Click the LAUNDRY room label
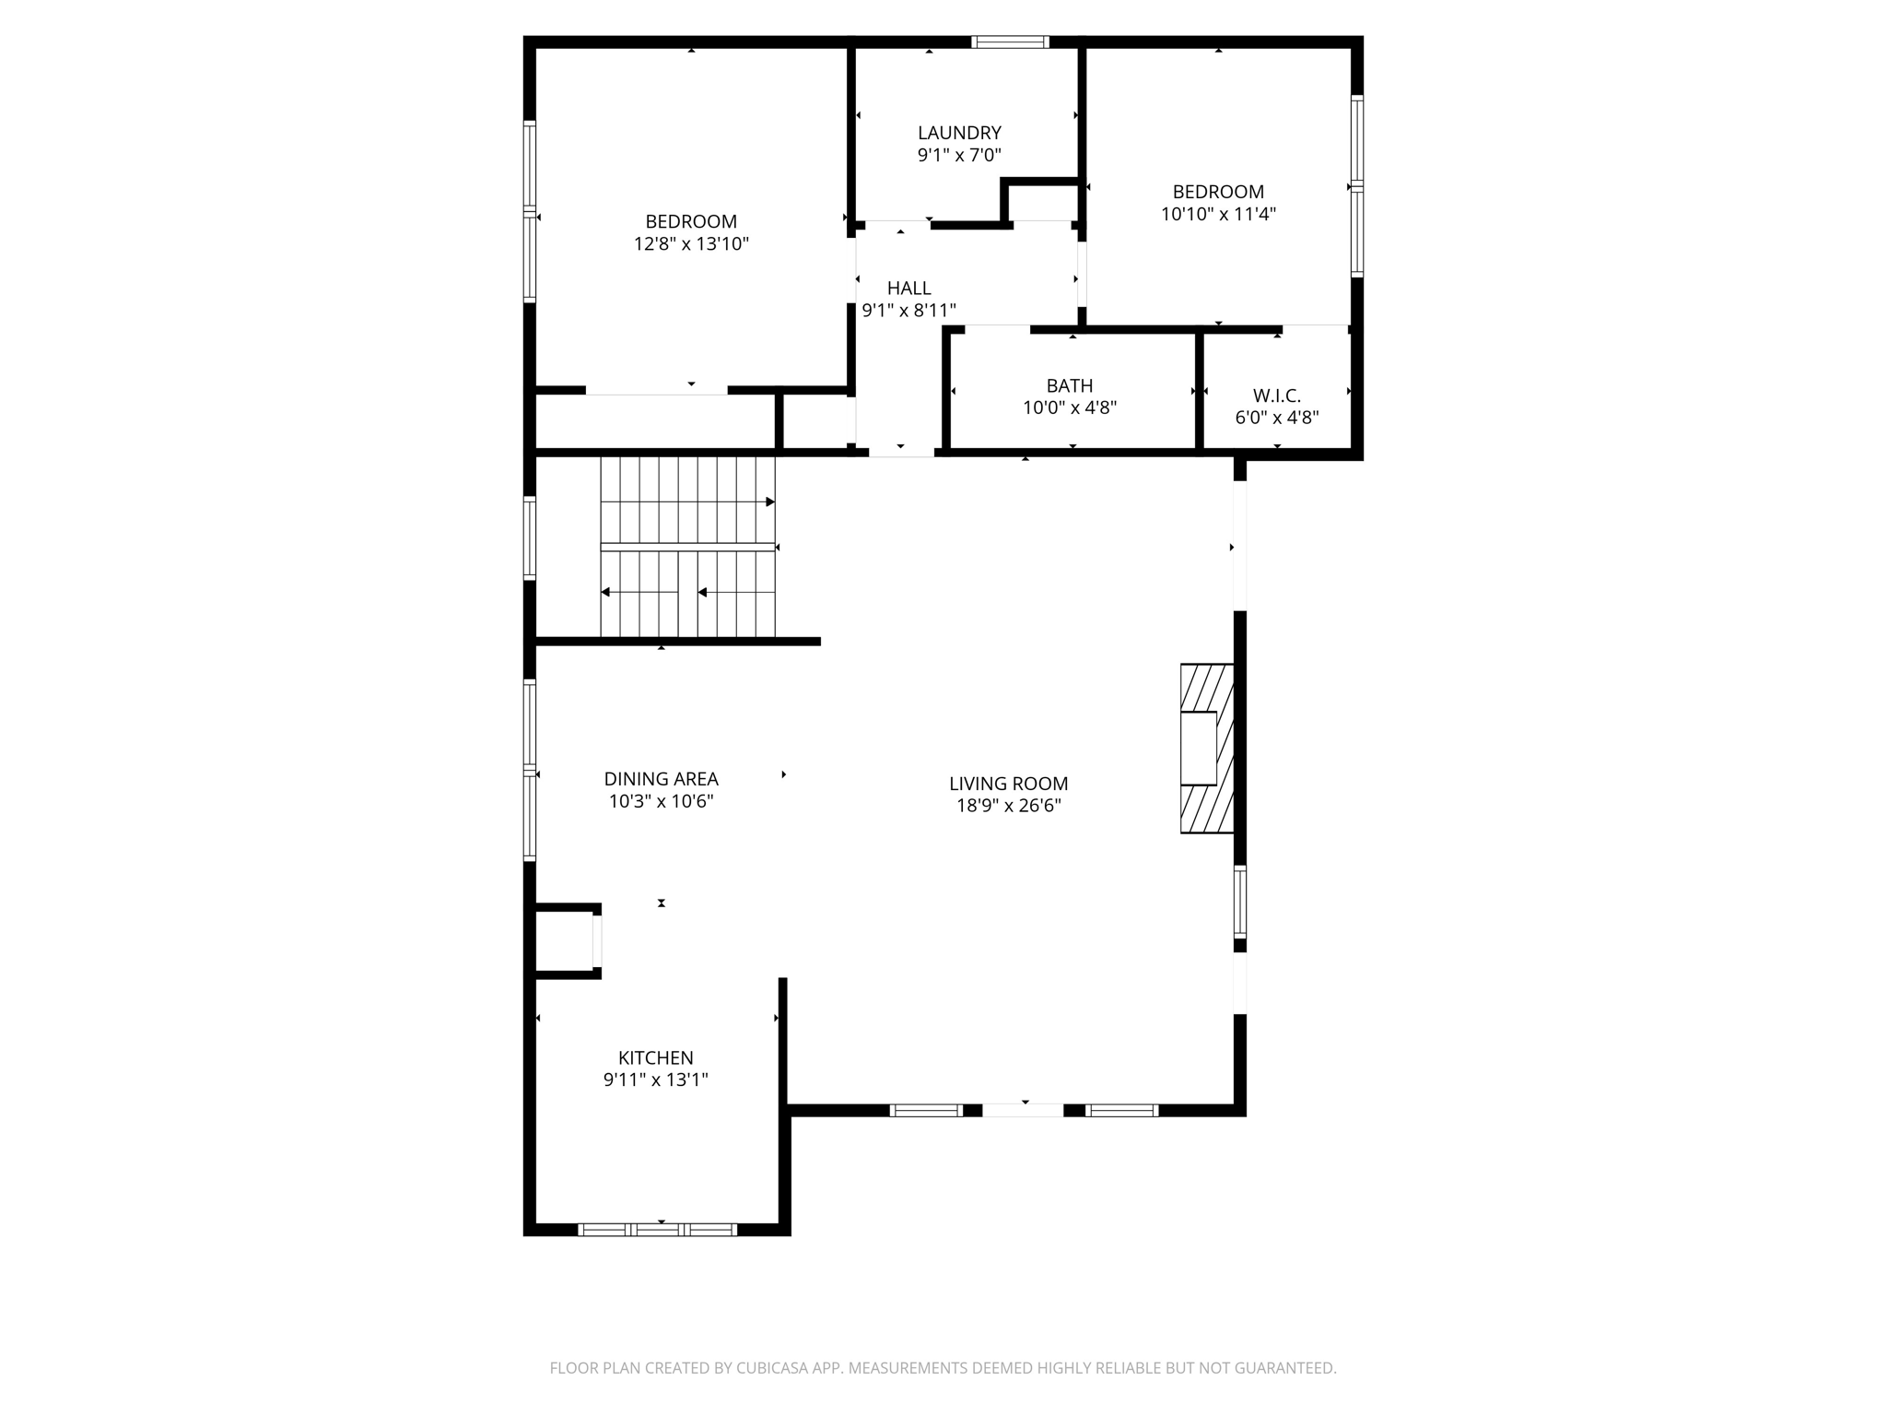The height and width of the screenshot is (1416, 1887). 959,133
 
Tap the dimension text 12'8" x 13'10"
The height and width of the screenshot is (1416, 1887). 691,244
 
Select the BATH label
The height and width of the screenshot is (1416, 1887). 1070,385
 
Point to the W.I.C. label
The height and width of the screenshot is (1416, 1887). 1276,395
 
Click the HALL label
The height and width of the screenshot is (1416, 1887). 908,289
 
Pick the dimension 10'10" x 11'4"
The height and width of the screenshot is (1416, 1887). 1218,215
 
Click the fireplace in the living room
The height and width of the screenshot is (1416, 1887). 1206,749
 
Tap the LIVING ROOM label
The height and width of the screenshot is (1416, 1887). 1008,784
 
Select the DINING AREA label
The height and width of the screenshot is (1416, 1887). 661,779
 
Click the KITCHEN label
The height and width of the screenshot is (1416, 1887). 655,1057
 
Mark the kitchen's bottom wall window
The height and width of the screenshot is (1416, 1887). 658,1229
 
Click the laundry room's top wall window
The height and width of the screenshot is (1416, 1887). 1010,41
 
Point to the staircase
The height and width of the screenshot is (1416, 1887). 687,547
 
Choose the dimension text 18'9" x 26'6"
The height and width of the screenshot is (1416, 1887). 1008,806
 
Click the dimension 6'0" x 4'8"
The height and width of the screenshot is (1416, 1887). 1276,418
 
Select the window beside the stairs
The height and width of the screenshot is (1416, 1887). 530,537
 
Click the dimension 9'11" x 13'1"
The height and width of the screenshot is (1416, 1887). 655,1080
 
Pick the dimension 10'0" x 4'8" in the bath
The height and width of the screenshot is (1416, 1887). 1070,407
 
